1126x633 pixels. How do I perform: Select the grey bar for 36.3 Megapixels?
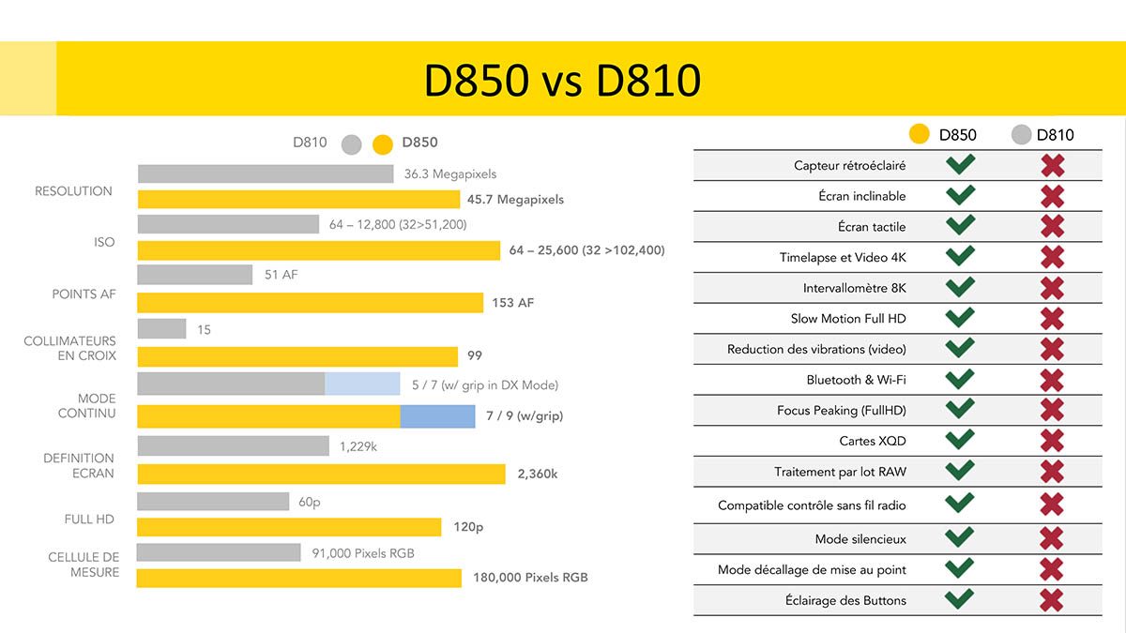click(x=266, y=173)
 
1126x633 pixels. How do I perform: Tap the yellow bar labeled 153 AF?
click(x=310, y=303)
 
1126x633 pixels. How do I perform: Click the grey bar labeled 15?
click(x=161, y=329)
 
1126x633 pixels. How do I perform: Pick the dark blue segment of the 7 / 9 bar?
click(x=437, y=415)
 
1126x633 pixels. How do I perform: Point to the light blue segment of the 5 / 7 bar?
click(x=362, y=384)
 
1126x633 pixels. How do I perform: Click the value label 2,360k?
click(x=538, y=475)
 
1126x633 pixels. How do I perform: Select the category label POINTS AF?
click(x=84, y=294)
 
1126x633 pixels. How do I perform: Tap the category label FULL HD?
click(x=89, y=519)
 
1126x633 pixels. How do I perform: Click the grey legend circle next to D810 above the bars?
click(x=352, y=144)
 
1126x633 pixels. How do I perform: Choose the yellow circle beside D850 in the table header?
click(x=921, y=134)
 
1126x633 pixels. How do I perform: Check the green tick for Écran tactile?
click(x=960, y=226)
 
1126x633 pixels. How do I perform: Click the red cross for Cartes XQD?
click(x=1052, y=441)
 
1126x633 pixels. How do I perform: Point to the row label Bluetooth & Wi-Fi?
click(x=856, y=380)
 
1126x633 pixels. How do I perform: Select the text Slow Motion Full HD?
click(x=848, y=319)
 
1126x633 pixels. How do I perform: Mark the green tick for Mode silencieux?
click(x=960, y=537)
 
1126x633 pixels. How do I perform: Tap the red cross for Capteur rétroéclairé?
click(x=1052, y=166)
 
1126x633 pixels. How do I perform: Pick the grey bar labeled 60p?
click(x=213, y=502)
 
